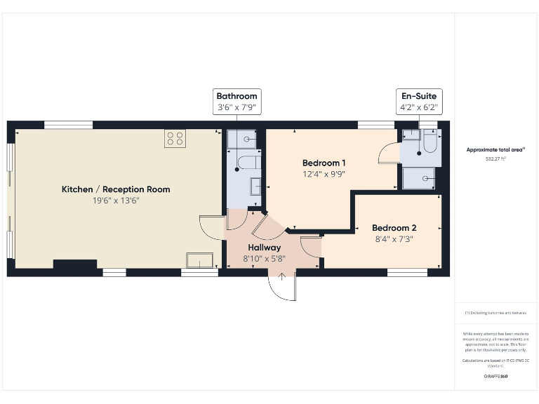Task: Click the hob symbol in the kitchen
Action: coord(175,139)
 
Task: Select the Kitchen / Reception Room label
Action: coord(116,189)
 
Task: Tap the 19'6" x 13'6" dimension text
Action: coord(116,201)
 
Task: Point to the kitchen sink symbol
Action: coord(199,260)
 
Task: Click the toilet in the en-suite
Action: coord(430,143)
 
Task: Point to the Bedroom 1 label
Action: coord(324,163)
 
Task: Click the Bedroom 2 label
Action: coord(394,228)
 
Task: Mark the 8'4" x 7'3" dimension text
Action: coord(394,239)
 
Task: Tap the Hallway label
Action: coord(264,248)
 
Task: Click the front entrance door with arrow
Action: coord(282,285)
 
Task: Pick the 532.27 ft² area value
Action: coord(495,159)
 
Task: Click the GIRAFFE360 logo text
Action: coord(495,377)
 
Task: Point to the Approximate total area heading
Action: coord(495,149)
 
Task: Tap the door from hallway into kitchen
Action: coord(211,227)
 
